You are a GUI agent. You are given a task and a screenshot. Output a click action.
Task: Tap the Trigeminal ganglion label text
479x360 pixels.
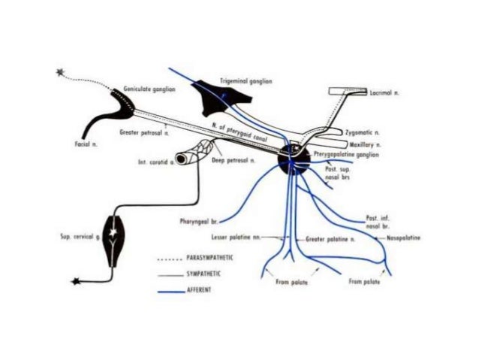(246, 79)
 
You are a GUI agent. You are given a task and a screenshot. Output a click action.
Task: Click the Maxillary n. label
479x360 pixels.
(366, 143)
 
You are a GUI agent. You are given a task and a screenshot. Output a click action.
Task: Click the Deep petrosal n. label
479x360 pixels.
(233, 159)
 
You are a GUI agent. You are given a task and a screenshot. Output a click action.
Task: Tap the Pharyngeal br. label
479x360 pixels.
(198, 222)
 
